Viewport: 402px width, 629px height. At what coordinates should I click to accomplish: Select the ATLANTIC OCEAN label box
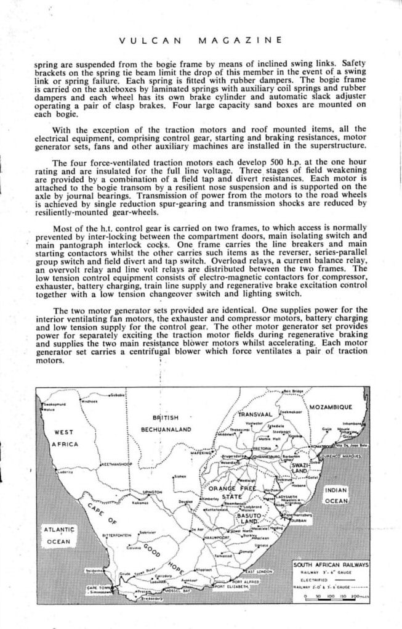tap(58, 535)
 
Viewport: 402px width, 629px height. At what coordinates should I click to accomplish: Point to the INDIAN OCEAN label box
tap(336, 495)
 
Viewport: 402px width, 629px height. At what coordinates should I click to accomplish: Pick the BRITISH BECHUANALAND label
tap(167, 422)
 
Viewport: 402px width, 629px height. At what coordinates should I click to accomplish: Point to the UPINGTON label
tap(151, 492)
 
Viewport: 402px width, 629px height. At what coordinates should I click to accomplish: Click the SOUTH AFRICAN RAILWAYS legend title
tap(331, 564)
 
